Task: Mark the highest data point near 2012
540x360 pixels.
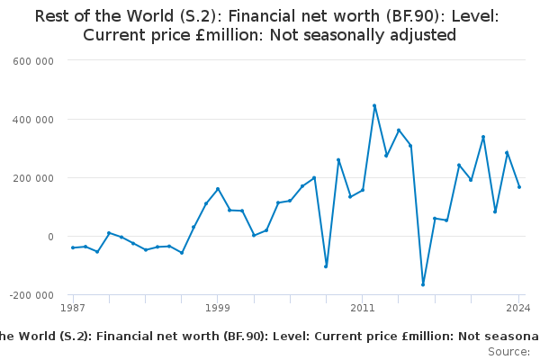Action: click(x=374, y=106)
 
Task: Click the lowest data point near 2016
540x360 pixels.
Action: click(x=423, y=284)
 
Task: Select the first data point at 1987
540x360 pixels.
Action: click(x=73, y=247)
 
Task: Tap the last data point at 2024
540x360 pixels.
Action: click(x=519, y=187)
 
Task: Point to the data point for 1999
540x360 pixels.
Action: click(x=218, y=189)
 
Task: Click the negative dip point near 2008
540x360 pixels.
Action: click(x=326, y=266)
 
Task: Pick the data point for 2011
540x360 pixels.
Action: click(x=363, y=190)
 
